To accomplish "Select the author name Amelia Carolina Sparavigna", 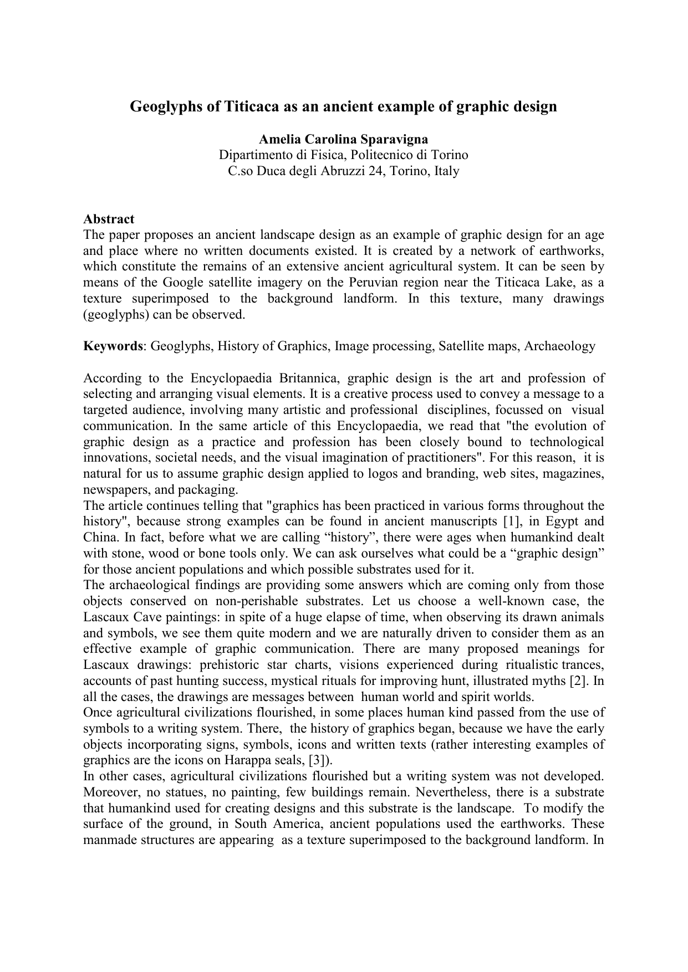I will tap(343, 139).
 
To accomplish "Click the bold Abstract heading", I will tap(109, 219).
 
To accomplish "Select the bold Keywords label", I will tap(113, 346).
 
